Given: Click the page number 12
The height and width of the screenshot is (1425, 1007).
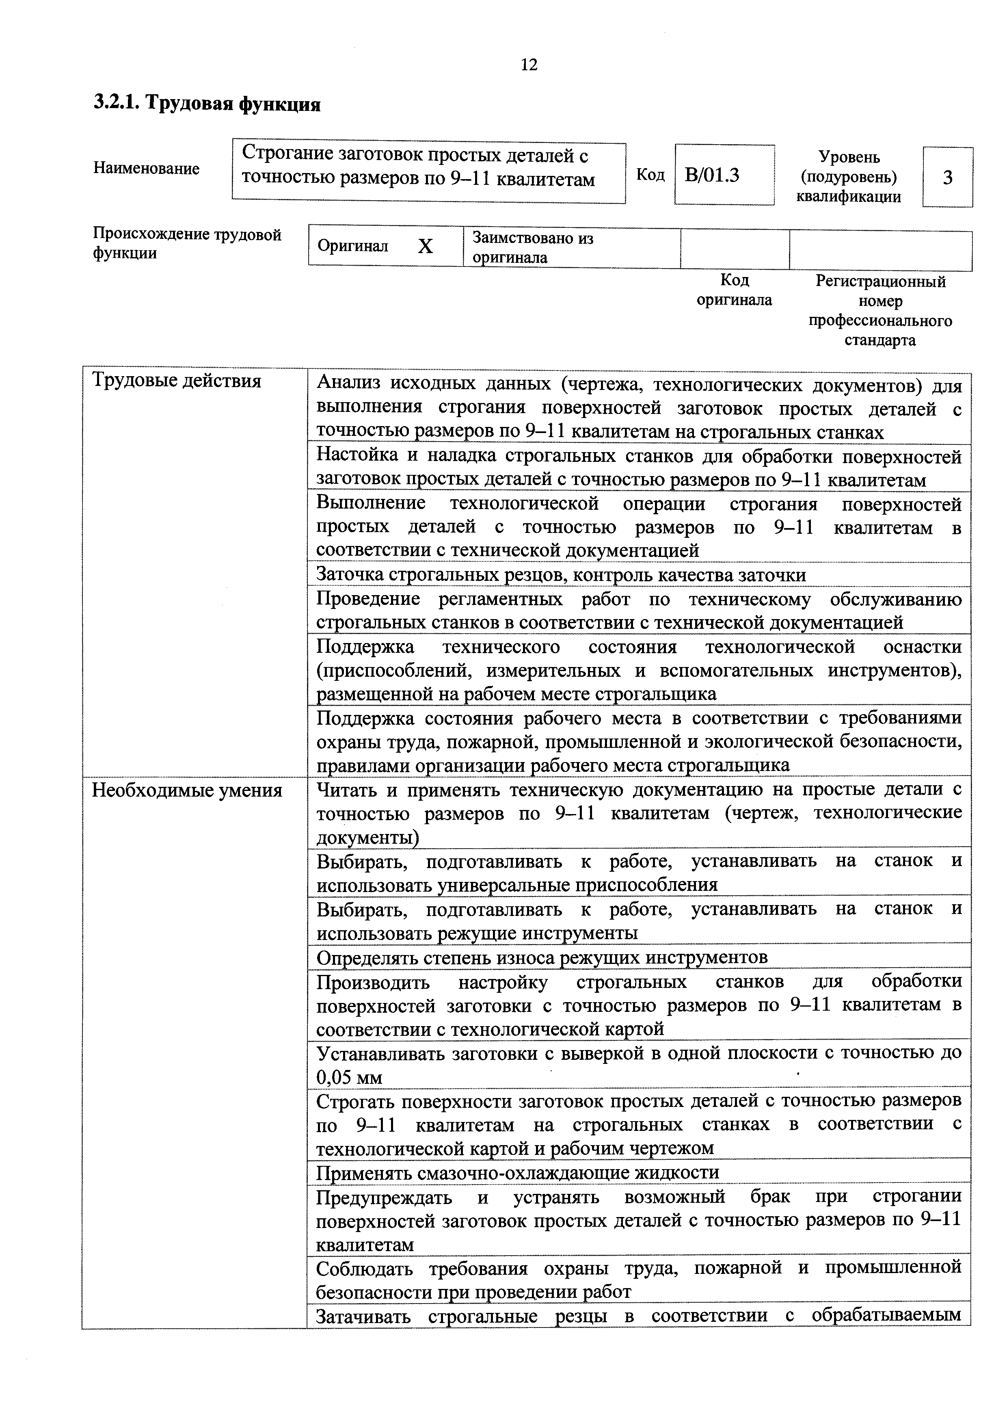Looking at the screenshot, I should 529,65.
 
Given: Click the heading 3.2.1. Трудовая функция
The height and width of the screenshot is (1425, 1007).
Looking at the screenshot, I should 207,103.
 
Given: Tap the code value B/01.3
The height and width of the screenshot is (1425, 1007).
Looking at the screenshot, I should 712,175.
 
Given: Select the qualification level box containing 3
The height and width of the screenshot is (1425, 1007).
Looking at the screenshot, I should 947,178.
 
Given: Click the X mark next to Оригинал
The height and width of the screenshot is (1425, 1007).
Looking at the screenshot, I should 425,247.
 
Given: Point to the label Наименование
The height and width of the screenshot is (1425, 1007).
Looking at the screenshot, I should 147,169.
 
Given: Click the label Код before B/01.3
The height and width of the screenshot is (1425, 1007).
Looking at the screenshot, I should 650,175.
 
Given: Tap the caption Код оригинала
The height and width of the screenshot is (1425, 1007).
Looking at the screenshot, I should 734,290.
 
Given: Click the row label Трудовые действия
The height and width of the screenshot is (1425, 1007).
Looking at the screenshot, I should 177,381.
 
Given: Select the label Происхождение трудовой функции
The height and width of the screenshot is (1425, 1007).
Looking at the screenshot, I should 187,243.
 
